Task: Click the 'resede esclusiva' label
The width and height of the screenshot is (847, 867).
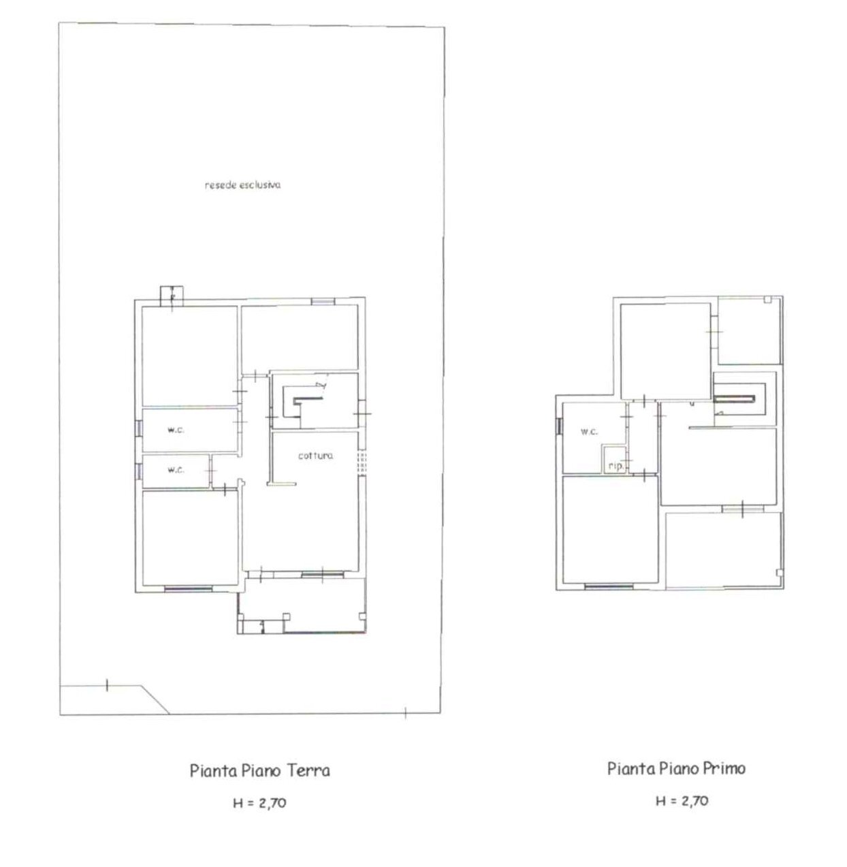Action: pyautogui.click(x=242, y=185)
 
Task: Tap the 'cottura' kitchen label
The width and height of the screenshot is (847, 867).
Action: pyautogui.click(x=315, y=456)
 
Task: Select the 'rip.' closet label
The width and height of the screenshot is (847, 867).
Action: pyautogui.click(x=616, y=467)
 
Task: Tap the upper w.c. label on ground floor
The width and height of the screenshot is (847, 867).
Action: pyautogui.click(x=176, y=430)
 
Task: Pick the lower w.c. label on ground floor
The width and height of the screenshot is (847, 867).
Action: pyautogui.click(x=176, y=469)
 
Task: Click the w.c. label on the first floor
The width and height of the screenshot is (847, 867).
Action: pyautogui.click(x=589, y=431)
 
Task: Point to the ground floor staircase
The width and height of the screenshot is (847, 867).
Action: pyautogui.click(x=307, y=401)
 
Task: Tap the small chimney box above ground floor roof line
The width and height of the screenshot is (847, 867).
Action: pyautogui.click(x=172, y=295)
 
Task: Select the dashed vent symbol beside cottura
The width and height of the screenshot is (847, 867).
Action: pyautogui.click(x=362, y=462)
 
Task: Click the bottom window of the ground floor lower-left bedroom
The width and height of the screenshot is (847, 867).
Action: pyautogui.click(x=189, y=589)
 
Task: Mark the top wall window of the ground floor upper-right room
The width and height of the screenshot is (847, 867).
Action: pyautogui.click(x=323, y=302)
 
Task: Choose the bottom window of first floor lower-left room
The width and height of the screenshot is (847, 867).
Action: pyautogui.click(x=609, y=587)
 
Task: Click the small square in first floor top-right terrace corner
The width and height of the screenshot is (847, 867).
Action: pyautogui.click(x=767, y=300)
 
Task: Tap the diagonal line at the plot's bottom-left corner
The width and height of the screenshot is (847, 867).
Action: pyautogui.click(x=155, y=699)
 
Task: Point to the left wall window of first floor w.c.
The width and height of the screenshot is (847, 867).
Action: pyautogui.click(x=559, y=426)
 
